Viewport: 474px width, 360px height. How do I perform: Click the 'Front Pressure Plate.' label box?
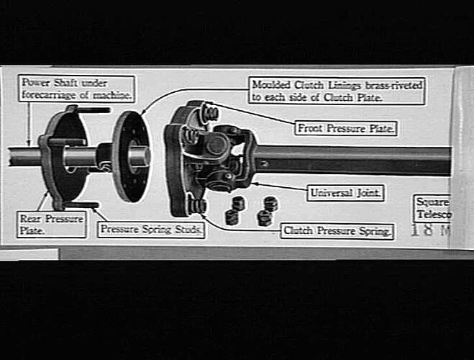pyautogui.click(x=347, y=128)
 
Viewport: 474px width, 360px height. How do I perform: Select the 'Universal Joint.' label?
pyautogui.click(x=347, y=193)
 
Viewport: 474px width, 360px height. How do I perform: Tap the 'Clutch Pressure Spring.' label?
pyautogui.click(x=337, y=231)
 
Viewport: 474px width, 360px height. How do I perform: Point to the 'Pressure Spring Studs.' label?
pyautogui.click(x=152, y=230)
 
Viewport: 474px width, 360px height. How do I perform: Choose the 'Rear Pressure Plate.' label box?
pyautogui.click(x=50, y=225)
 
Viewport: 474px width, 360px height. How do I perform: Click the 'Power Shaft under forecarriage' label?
pyautogui.click(x=77, y=89)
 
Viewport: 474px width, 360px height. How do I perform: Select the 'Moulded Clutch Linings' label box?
pyautogui.click(x=337, y=90)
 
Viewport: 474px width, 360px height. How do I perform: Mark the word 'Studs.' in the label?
pyautogui.click(x=188, y=230)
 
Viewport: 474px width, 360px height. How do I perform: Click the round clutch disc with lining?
pyautogui.click(x=131, y=156)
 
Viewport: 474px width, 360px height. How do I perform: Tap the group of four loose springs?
pyautogui.click(x=251, y=210)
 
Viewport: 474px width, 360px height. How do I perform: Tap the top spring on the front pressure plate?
pyautogui.click(x=210, y=112)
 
